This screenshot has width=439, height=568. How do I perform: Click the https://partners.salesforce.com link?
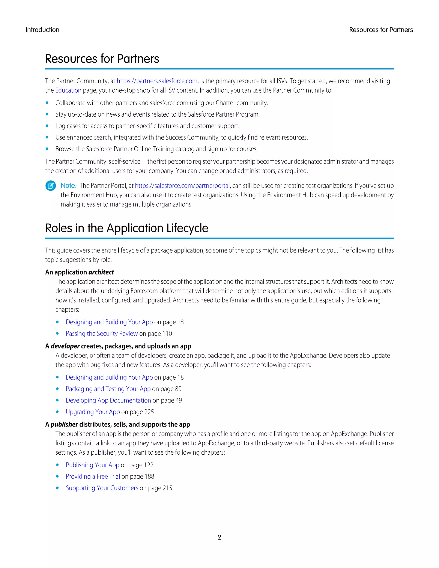click(x=157, y=81)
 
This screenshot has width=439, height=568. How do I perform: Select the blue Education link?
click(x=68, y=90)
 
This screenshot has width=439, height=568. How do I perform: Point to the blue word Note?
click(x=68, y=186)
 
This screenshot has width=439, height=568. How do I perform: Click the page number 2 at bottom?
click(x=219, y=537)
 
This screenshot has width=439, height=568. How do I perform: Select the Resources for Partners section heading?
click(x=102, y=59)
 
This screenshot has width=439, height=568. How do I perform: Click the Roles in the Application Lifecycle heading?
click(x=126, y=228)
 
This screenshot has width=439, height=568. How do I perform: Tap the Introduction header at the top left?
click(x=42, y=30)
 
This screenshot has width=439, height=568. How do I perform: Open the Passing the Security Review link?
click(x=101, y=334)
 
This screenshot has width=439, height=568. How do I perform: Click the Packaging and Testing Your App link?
click(x=108, y=389)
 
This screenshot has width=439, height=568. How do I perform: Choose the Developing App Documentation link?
click(x=108, y=401)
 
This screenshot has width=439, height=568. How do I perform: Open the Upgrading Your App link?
click(x=93, y=412)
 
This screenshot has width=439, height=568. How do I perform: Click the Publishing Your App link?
click(x=92, y=465)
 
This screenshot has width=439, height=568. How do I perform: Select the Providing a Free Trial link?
click(x=93, y=476)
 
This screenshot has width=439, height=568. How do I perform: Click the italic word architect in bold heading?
click(x=101, y=272)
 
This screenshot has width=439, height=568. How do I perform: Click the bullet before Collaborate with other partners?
click(x=47, y=103)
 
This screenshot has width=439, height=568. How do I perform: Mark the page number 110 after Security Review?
click(x=167, y=334)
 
